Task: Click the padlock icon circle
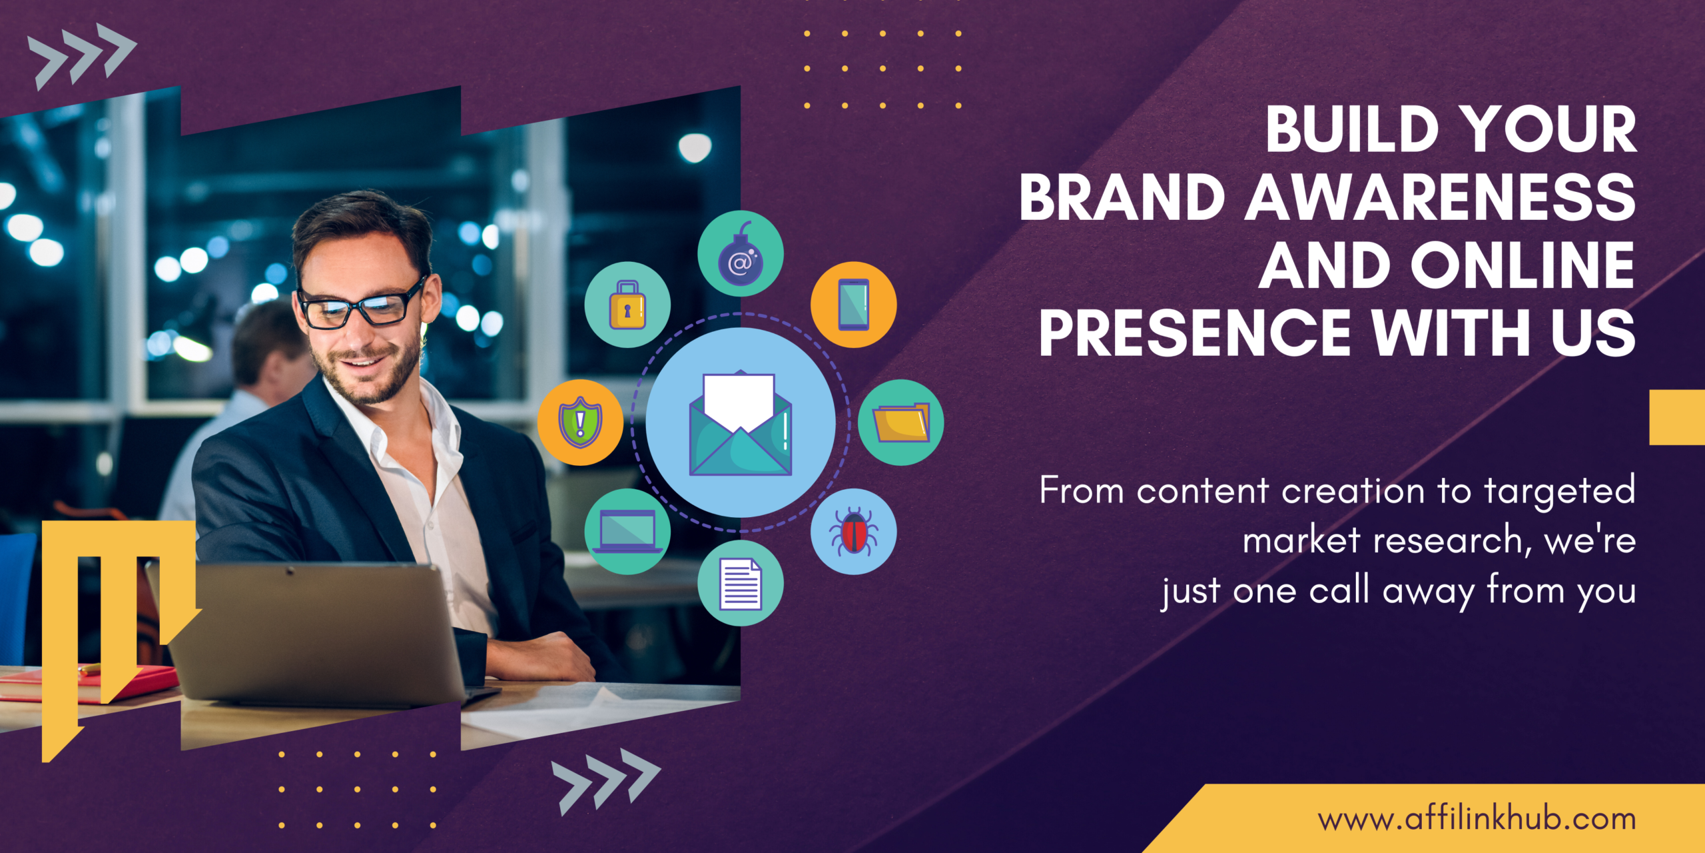[x=627, y=305]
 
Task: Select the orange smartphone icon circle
[x=853, y=305]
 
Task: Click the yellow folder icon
[x=900, y=423]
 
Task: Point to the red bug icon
[x=853, y=532]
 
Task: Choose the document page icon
[x=740, y=583]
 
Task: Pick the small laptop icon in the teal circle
[x=627, y=532]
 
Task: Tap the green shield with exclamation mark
[x=580, y=423]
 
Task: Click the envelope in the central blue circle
[x=740, y=424]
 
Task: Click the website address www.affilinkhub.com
[x=1477, y=819]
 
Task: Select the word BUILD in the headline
[x=1352, y=129]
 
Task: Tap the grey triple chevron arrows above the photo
[x=81, y=56]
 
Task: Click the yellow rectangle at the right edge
[x=1676, y=417]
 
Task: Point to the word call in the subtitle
[x=1339, y=591]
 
